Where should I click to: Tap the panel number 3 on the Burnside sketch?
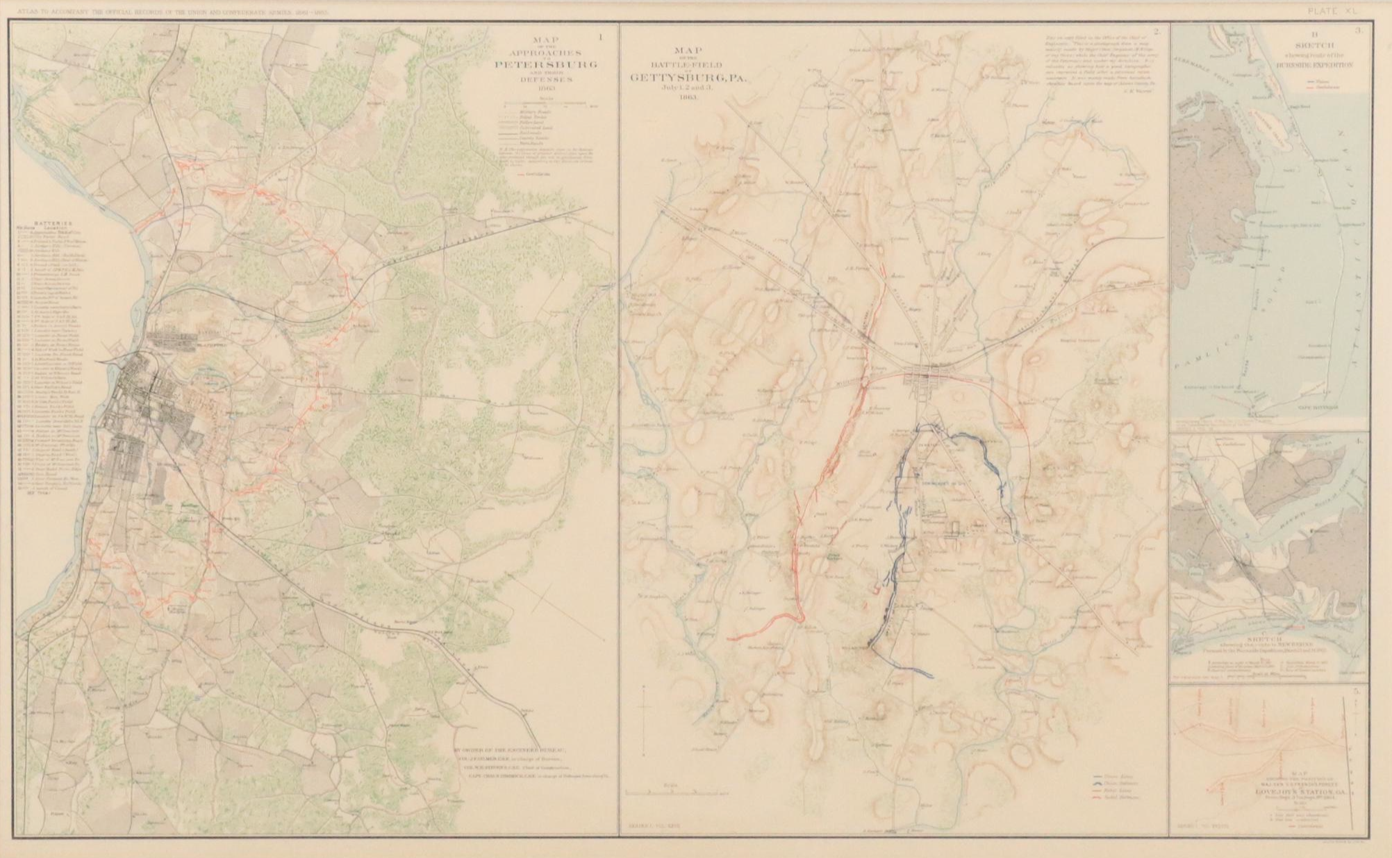(x=1358, y=49)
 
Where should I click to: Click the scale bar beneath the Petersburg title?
(x=549, y=106)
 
